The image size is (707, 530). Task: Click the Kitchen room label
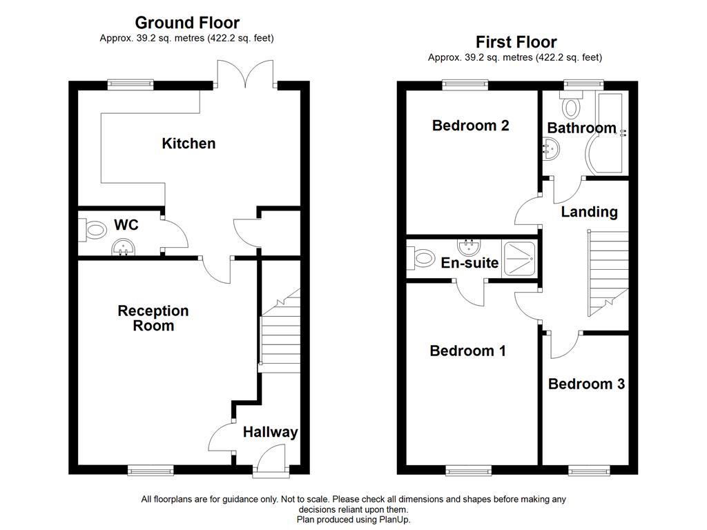point(188,144)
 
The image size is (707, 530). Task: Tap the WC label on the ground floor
point(126,225)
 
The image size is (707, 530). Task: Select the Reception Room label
point(153,318)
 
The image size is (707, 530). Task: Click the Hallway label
point(270,432)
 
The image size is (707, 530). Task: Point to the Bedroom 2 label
point(470,126)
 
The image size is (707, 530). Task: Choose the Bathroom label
point(581,128)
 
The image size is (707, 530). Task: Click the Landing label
point(589,212)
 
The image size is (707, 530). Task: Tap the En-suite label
point(469,262)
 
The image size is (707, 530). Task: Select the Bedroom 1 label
point(467,351)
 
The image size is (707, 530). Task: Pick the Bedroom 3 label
point(586,384)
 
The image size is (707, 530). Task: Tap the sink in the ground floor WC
point(123,248)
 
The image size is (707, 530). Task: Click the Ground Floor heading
point(187,23)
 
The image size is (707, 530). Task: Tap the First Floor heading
point(516,42)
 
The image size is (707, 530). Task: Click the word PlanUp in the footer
point(394,519)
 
